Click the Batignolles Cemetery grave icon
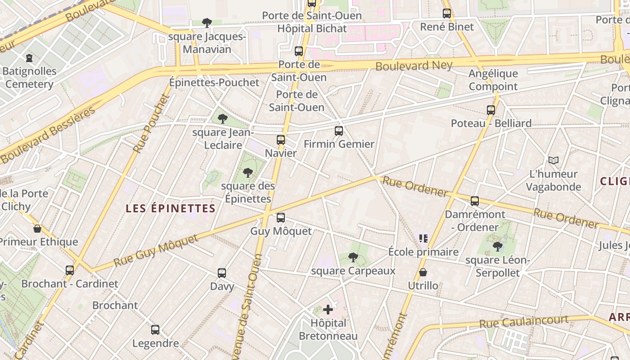click(x=29, y=58)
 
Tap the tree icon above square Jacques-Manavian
click(x=207, y=22)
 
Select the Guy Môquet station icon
click(x=281, y=218)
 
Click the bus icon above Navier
click(x=281, y=140)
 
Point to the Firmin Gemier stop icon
click(x=339, y=131)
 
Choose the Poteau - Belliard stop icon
click(x=491, y=110)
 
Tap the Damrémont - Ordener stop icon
click(x=475, y=201)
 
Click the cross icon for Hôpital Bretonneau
click(x=328, y=310)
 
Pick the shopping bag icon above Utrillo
click(x=423, y=272)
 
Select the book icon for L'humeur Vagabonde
click(x=553, y=160)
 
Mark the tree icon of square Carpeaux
click(x=353, y=257)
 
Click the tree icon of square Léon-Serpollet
click(x=497, y=247)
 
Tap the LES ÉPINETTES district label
click(x=171, y=208)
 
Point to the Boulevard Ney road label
click(x=414, y=66)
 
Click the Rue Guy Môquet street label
click(x=156, y=251)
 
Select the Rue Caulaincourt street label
click(x=524, y=321)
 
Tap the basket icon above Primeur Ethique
click(x=37, y=229)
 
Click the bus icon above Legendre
click(x=155, y=330)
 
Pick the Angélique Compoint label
click(x=493, y=80)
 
